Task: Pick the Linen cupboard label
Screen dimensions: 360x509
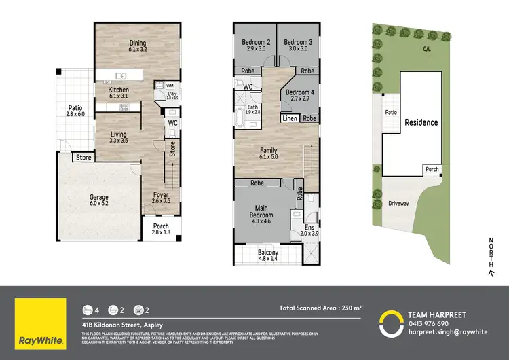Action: click(x=288, y=118)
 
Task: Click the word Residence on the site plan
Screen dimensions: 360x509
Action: click(x=421, y=123)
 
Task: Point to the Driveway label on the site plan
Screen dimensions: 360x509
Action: click(x=399, y=203)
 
